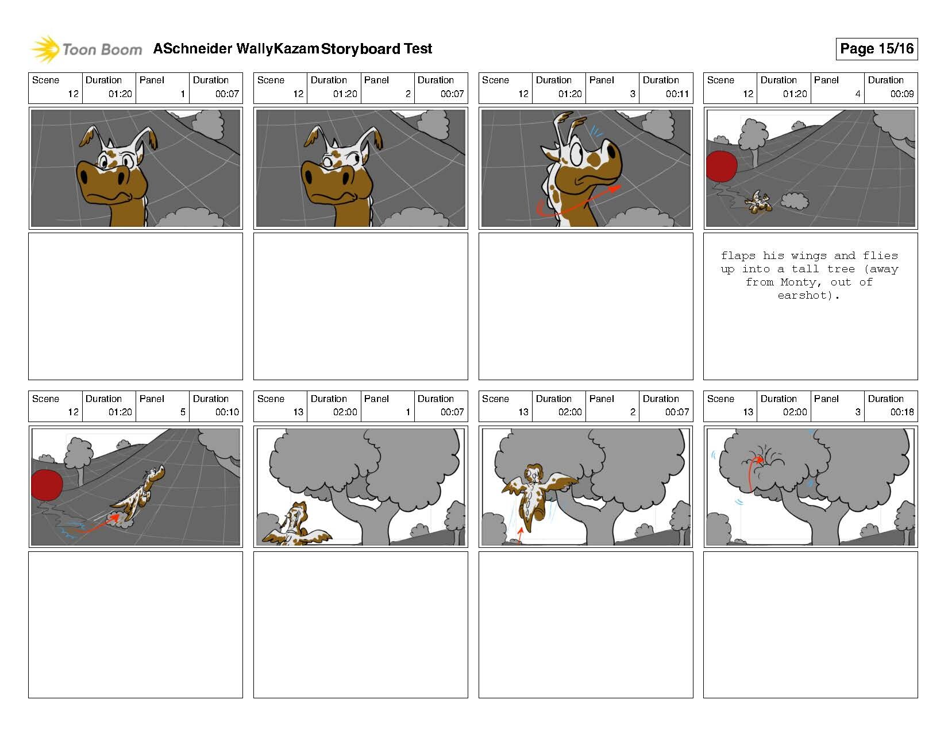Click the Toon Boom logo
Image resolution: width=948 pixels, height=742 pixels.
(86, 49)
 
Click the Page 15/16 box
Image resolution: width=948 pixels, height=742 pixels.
(876, 49)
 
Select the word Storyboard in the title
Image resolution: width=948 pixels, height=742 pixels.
(360, 49)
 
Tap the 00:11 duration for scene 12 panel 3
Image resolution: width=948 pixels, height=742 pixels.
(677, 94)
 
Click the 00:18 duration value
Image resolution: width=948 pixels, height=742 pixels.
(901, 412)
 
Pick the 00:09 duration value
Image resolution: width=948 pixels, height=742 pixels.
(901, 94)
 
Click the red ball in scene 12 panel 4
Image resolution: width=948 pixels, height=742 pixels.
(720, 167)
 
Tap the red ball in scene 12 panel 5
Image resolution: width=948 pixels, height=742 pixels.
(47, 485)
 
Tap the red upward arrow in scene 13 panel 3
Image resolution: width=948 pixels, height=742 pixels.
(752, 474)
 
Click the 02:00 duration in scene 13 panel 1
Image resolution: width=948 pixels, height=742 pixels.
(345, 412)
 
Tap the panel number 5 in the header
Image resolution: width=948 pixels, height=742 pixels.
(183, 412)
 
